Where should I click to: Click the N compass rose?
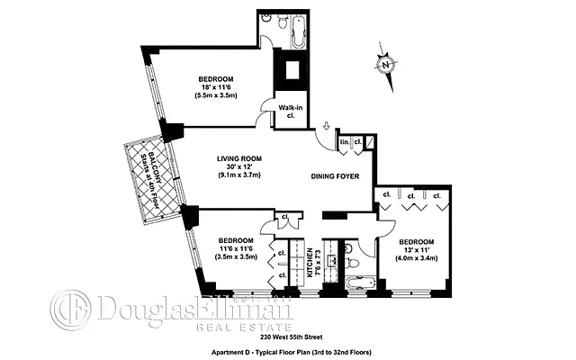pos(385,65)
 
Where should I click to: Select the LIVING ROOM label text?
pos(238,158)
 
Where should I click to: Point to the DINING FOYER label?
pos(337,177)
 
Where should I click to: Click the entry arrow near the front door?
pos(328,132)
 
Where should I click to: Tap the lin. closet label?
pos(345,142)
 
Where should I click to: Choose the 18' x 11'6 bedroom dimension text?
pos(215,88)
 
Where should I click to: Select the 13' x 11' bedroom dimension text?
pos(417,250)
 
